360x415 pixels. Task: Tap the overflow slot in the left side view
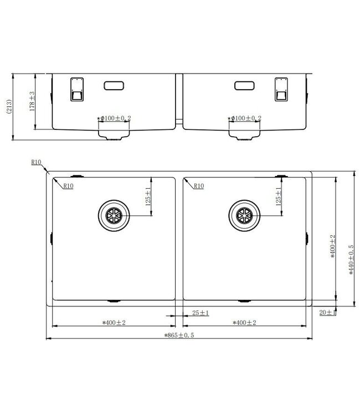pos(115,86)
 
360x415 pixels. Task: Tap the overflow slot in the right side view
pos(244,86)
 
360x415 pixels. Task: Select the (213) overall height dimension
pos(8,106)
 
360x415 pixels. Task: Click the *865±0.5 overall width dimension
pos(180,335)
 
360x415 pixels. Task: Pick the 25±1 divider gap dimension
pos(200,313)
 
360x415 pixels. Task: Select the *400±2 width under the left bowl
pos(114,323)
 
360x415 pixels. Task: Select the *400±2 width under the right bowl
pos(244,323)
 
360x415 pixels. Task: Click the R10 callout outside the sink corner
pos(37,163)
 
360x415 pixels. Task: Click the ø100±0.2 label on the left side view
pos(114,118)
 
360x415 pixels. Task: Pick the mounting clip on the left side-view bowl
pos(75,89)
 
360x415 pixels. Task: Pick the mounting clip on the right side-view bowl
pos(282,89)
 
